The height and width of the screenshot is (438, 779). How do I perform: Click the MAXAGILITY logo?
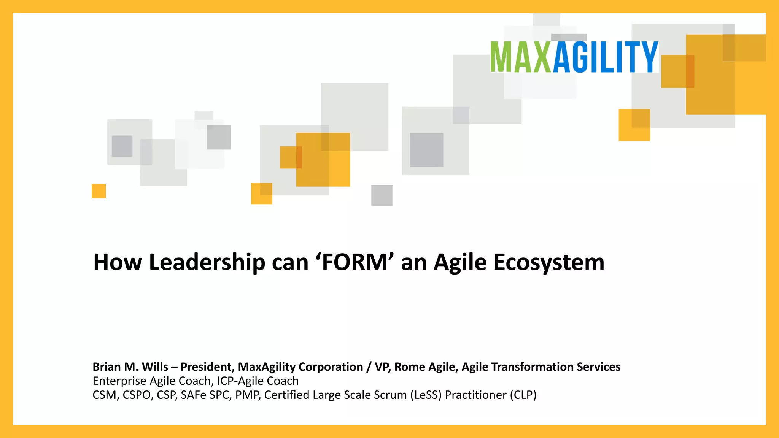click(574, 57)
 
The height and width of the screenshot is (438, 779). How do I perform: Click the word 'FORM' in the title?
click(354, 262)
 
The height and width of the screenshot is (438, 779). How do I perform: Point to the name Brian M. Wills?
click(130, 367)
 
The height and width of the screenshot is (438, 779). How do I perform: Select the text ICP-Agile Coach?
click(258, 381)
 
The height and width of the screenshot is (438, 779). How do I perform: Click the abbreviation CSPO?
click(137, 395)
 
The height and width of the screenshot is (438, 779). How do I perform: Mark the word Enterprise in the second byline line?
click(119, 381)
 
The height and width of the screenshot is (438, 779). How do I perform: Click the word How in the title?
click(118, 262)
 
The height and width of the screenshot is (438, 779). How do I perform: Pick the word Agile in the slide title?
click(460, 262)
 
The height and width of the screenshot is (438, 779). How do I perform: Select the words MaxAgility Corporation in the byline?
click(300, 367)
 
